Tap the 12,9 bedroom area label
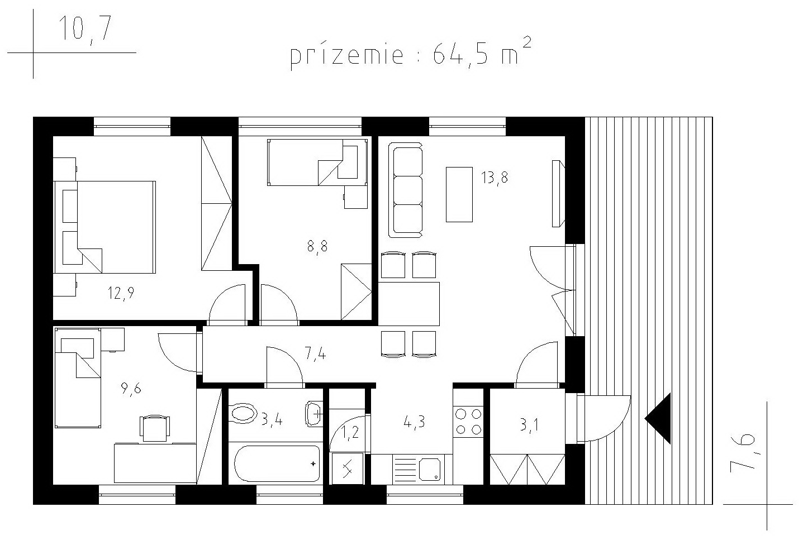(121, 294)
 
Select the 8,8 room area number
(317, 246)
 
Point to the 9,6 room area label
(131, 389)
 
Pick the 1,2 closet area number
(350, 433)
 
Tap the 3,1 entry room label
(529, 426)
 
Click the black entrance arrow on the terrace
(658, 418)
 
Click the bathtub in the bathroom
(277, 463)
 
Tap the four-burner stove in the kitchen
(468, 422)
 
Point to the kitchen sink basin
(430, 469)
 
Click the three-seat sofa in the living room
(406, 190)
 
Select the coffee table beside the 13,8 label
(459, 194)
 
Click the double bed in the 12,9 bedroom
(104, 227)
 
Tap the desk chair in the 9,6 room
(154, 428)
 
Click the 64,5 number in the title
(460, 55)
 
